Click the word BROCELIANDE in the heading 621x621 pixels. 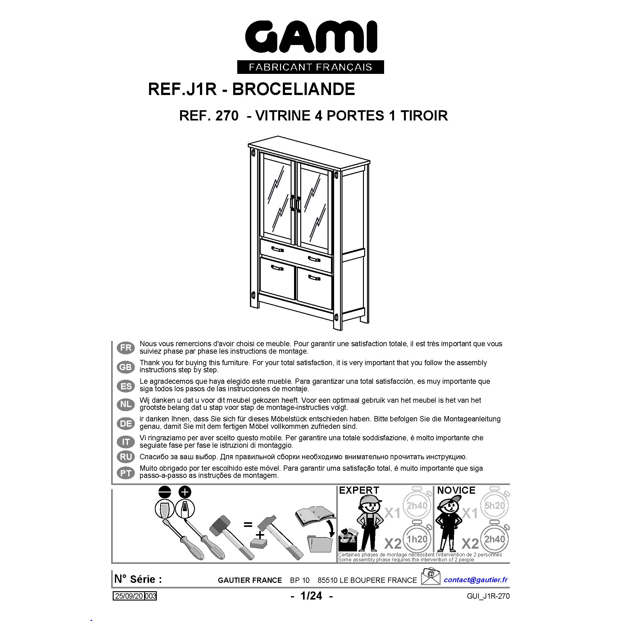(293, 89)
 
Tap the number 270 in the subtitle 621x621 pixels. (227, 116)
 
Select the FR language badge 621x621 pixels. (126, 348)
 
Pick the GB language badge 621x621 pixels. (126, 367)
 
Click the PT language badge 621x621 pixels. (126, 473)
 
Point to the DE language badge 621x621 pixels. (126, 424)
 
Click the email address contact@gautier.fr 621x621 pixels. (476, 588)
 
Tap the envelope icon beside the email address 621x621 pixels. (430, 585)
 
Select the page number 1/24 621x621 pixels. (311, 605)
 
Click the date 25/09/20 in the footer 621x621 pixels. (129, 605)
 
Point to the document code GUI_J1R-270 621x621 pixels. (488, 605)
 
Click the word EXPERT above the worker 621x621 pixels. (359, 500)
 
